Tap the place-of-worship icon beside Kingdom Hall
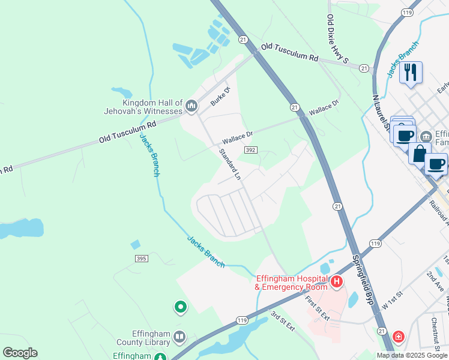coord(191,107)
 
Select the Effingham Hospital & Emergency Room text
coord(292,283)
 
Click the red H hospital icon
coord(337,281)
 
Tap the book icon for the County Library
coord(179,337)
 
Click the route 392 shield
coord(251,150)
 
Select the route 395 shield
coord(142,258)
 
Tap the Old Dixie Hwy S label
coord(337,39)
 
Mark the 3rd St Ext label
coord(282,321)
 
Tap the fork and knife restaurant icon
coord(411,73)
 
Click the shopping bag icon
coord(420,153)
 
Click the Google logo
coord(20,353)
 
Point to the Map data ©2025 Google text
coord(411,355)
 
